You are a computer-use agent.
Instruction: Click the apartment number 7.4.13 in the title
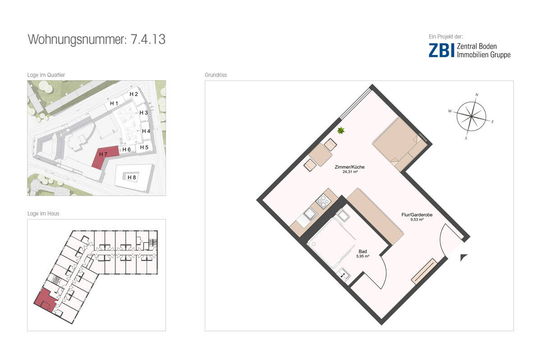click(148, 39)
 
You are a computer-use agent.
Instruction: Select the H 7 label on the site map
click(103, 155)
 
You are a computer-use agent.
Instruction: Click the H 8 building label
click(132, 178)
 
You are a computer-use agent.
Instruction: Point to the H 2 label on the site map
click(133, 94)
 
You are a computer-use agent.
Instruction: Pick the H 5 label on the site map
click(144, 147)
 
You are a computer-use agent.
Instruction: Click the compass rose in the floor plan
click(471, 117)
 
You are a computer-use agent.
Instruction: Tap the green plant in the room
click(341, 131)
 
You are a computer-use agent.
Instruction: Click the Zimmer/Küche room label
click(349, 167)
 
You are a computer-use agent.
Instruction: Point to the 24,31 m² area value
click(349, 172)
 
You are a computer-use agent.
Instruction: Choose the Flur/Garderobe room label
click(417, 215)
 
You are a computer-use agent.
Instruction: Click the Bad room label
click(362, 251)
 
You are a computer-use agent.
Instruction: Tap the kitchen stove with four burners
click(322, 201)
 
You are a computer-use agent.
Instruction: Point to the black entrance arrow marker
click(464, 257)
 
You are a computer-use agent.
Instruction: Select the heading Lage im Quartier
click(46, 75)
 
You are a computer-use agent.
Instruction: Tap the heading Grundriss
click(215, 75)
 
